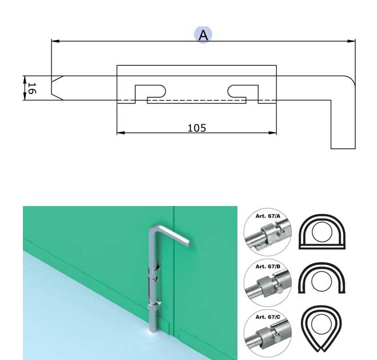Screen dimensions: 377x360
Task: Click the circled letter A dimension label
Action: coord(203,35)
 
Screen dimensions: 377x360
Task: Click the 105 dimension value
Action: coord(197,128)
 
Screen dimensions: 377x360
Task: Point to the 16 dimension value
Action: coord(32,88)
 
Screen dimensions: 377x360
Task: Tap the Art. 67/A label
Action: coord(268,216)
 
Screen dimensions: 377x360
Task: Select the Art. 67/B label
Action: coord(268,267)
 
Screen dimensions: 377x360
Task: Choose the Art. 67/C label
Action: coord(268,317)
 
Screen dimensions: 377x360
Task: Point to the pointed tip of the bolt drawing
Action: coord(52,88)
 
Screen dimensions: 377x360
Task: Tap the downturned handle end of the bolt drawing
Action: coord(343,144)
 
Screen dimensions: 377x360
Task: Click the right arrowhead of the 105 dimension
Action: coord(272,133)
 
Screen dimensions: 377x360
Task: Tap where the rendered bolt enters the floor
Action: coord(152,331)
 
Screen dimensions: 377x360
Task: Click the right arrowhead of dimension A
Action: coord(351,41)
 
